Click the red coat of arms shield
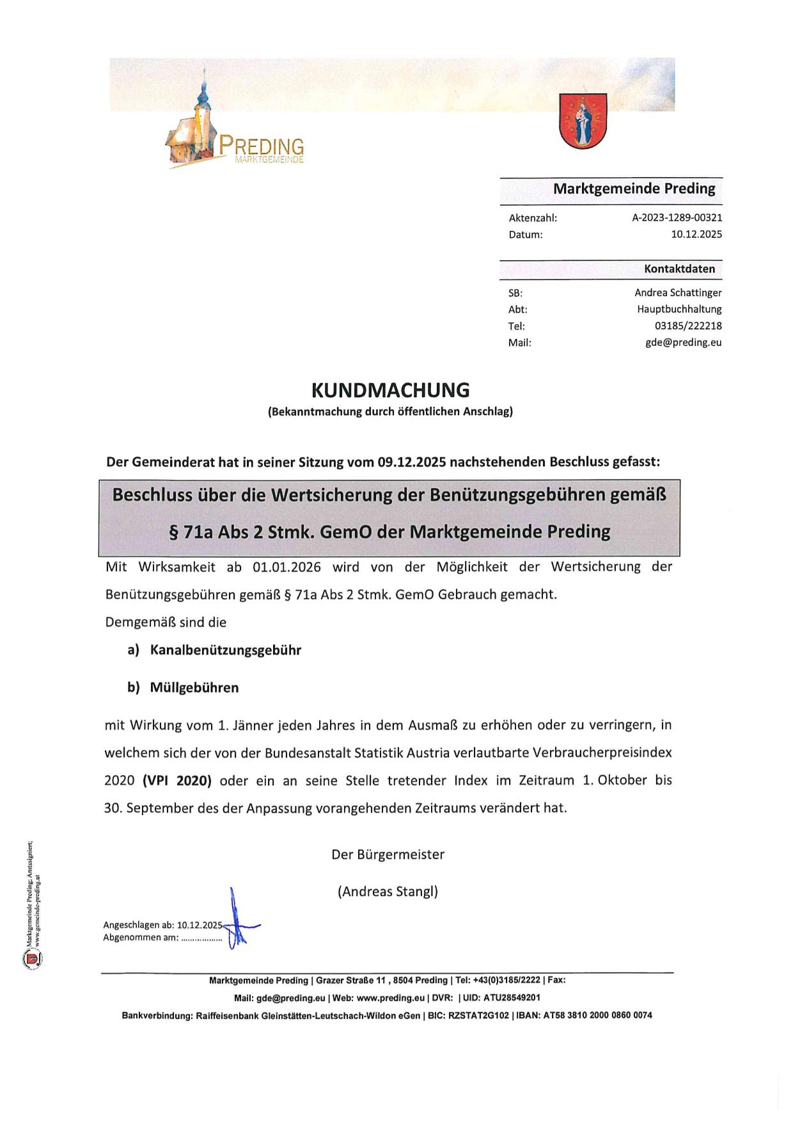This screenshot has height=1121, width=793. tap(583, 120)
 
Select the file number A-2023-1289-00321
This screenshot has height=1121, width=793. tap(677, 217)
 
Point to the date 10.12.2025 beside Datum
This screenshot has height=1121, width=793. tap(696, 234)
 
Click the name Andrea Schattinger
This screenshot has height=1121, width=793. tap(678, 293)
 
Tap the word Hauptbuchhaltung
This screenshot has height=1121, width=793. tap(679, 310)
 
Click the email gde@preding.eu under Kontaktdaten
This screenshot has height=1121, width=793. tap(683, 343)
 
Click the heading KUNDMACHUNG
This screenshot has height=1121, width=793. tap(390, 390)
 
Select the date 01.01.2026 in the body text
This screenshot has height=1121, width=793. tap(287, 567)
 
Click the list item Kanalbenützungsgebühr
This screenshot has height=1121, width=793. tap(225, 650)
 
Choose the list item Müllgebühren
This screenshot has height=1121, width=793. tap(194, 688)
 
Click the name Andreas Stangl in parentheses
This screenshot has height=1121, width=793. tap(388, 891)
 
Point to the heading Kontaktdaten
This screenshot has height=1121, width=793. tap(679, 269)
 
